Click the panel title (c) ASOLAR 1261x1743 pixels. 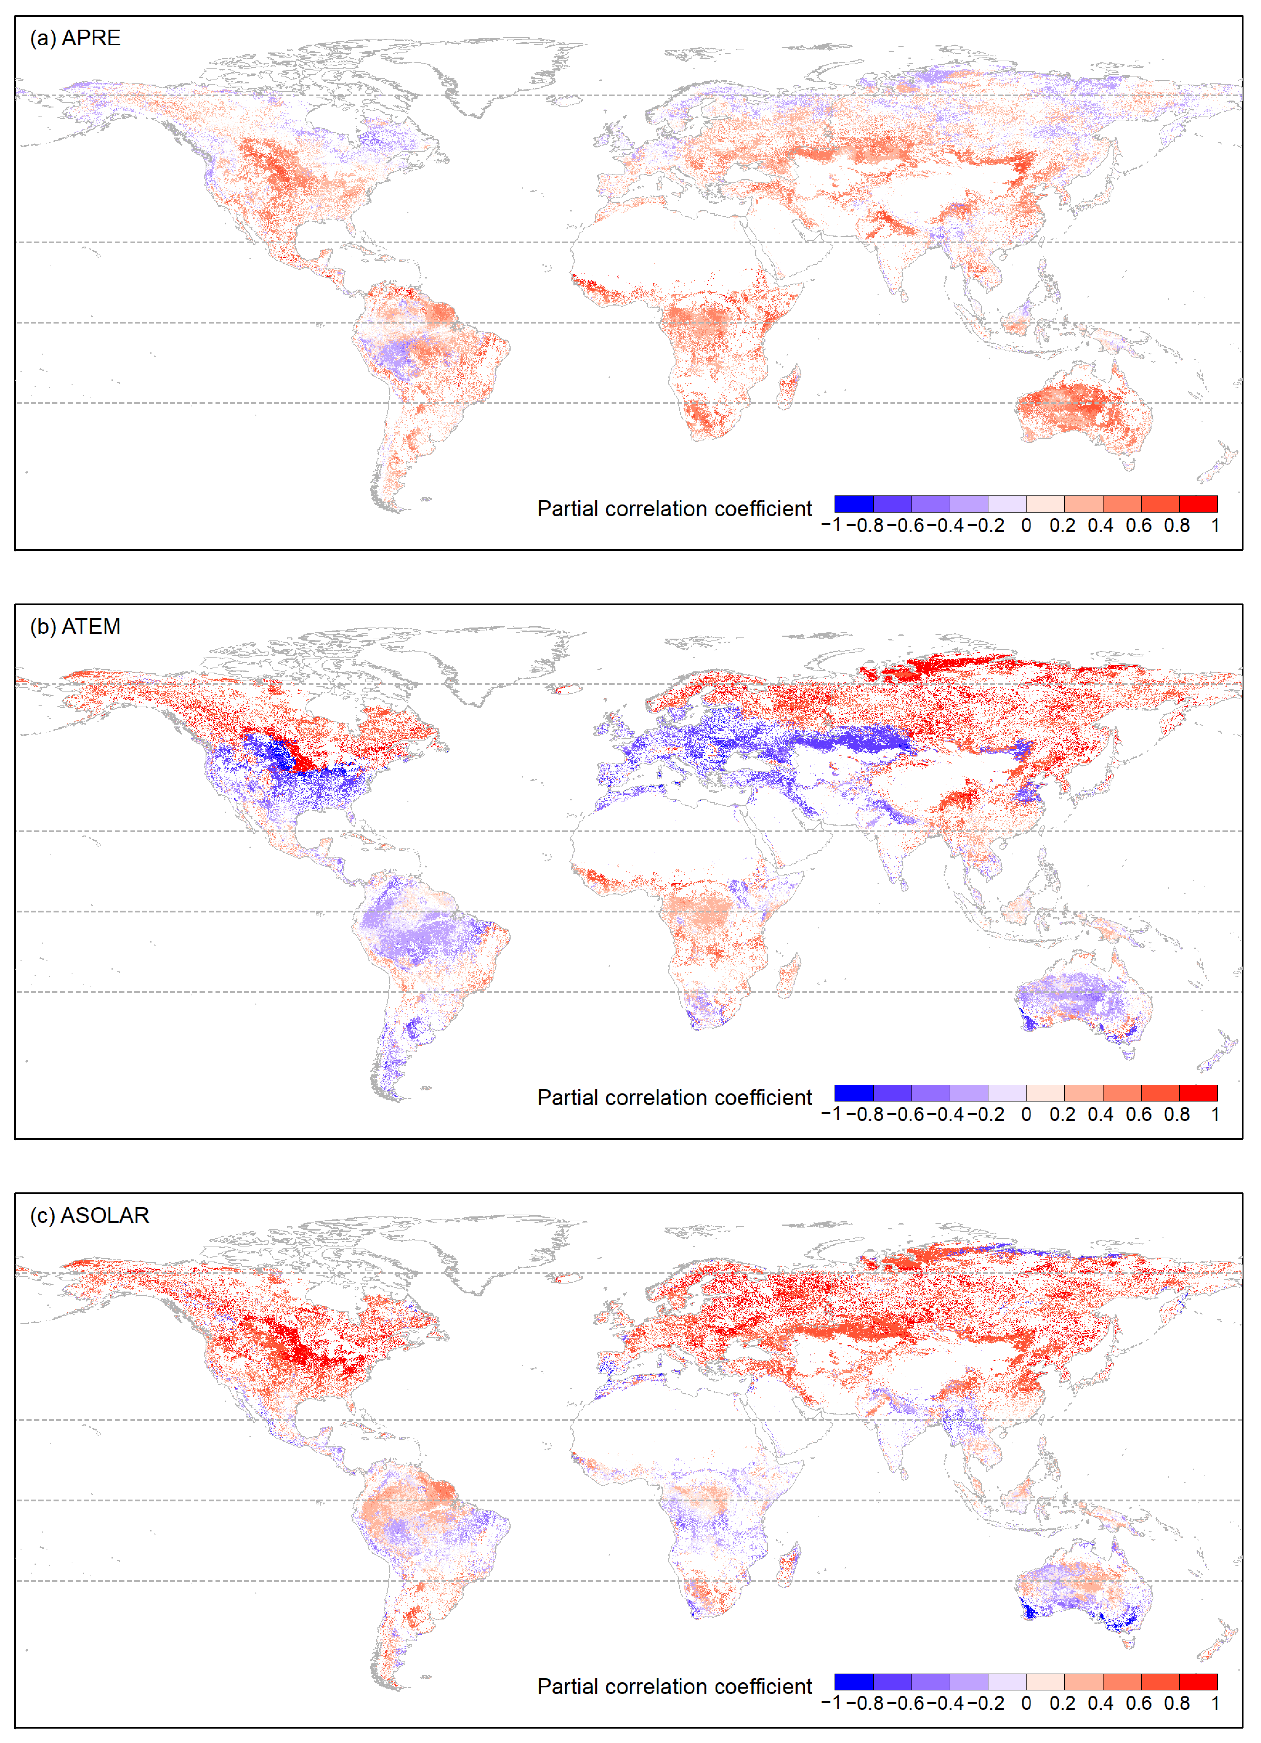(89, 1215)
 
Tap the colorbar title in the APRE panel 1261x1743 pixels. (674, 509)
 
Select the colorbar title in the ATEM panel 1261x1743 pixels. (674, 1097)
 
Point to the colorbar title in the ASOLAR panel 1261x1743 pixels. (674, 1686)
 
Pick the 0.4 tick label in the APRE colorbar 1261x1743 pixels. (1100, 526)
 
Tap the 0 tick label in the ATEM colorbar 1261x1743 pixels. (1026, 1114)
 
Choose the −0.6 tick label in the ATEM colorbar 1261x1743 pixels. (907, 1114)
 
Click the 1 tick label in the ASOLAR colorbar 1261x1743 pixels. (1215, 1703)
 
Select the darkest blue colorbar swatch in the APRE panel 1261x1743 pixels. (854, 504)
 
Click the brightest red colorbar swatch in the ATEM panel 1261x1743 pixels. (1198, 1093)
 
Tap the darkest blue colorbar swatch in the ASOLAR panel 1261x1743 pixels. (854, 1682)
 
